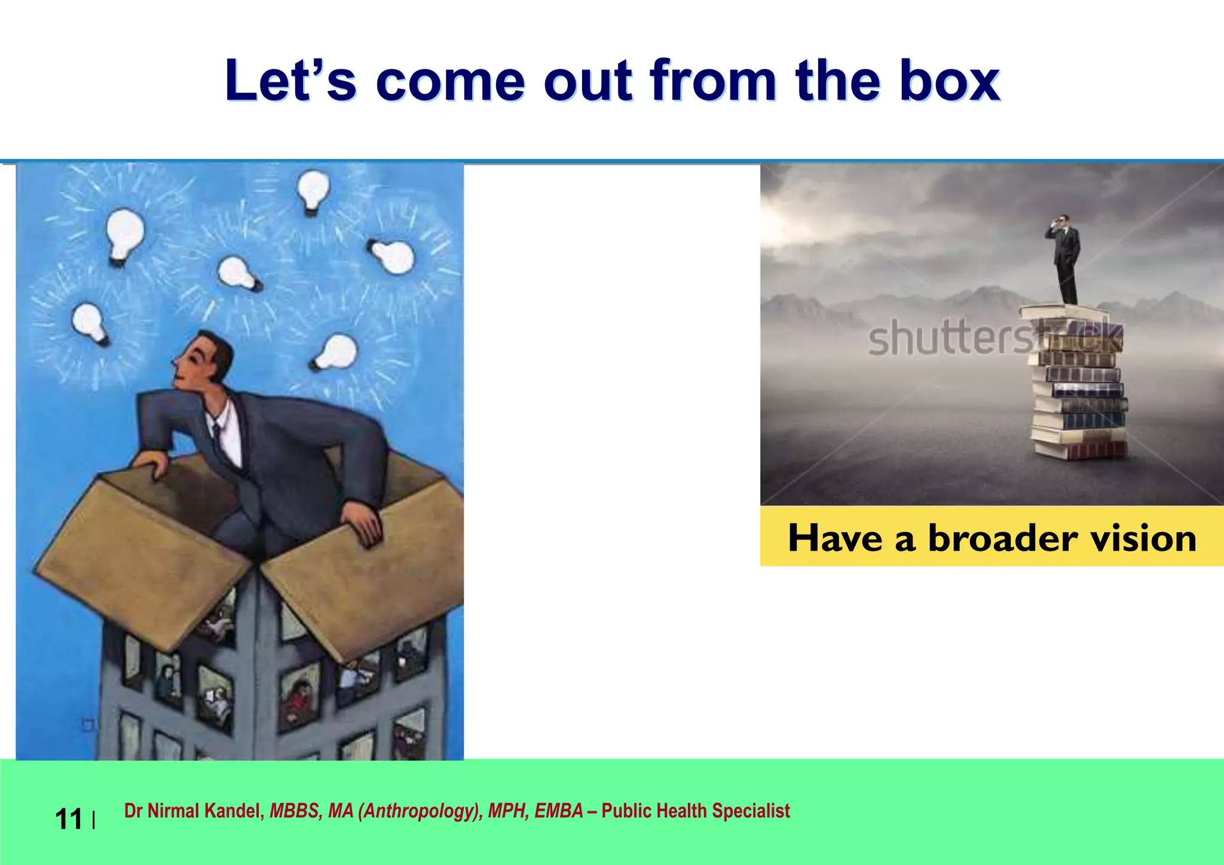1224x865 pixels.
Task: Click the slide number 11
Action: (69, 819)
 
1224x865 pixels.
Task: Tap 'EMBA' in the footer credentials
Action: (558, 811)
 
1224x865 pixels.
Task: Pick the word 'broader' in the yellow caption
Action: (1003, 538)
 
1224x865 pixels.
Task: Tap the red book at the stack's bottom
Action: (1083, 450)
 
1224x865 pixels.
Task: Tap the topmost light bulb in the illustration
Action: (313, 190)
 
